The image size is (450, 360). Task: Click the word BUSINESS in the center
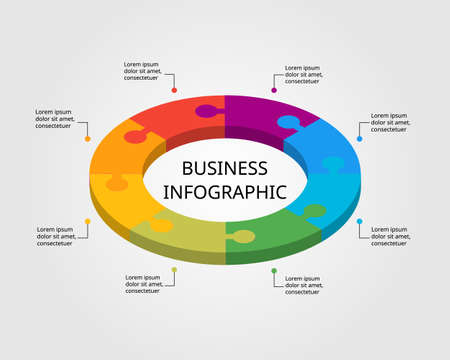(x=225, y=168)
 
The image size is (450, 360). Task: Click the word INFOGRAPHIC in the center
(x=225, y=191)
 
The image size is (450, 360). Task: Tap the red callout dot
(x=174, y=90)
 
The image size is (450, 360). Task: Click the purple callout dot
(x=274, y=90)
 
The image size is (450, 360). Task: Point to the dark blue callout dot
(x=360, y=138)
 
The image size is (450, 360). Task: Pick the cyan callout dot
(x=360, y=221)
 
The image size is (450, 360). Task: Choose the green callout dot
(x=274, y=270)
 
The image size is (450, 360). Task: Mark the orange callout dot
(x=88, y=138)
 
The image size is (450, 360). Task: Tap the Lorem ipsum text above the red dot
(x=143, y=69)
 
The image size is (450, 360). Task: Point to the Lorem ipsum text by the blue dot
(x=390, y=122)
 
